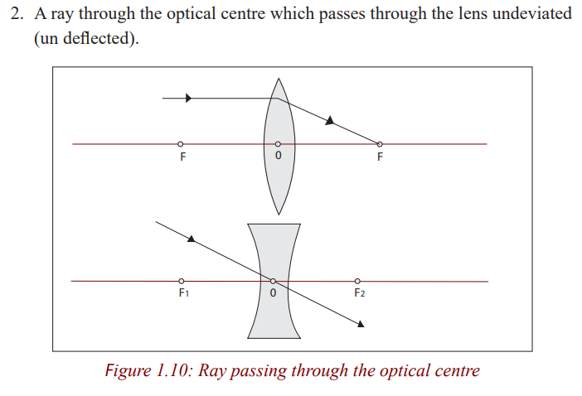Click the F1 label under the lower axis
click(184, 293)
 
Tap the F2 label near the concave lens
click(359, 293)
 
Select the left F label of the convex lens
click(182, 157)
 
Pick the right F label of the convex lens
click(380, 157)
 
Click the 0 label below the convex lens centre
click(279, 156)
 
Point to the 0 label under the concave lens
click(273, 293)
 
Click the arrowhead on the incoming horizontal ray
click(188, 98)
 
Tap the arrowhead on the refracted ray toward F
click(330, 120)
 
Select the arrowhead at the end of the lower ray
click(361, 324)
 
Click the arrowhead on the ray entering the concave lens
click(192, 239)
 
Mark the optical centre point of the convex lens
click(278, 144)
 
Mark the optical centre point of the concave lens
click(273, 281)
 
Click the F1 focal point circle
click(181, 281)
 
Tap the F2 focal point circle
click(357, 281)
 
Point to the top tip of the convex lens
click(279, 78)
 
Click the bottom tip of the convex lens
click(279, 215)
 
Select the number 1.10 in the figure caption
click(172, 370)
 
